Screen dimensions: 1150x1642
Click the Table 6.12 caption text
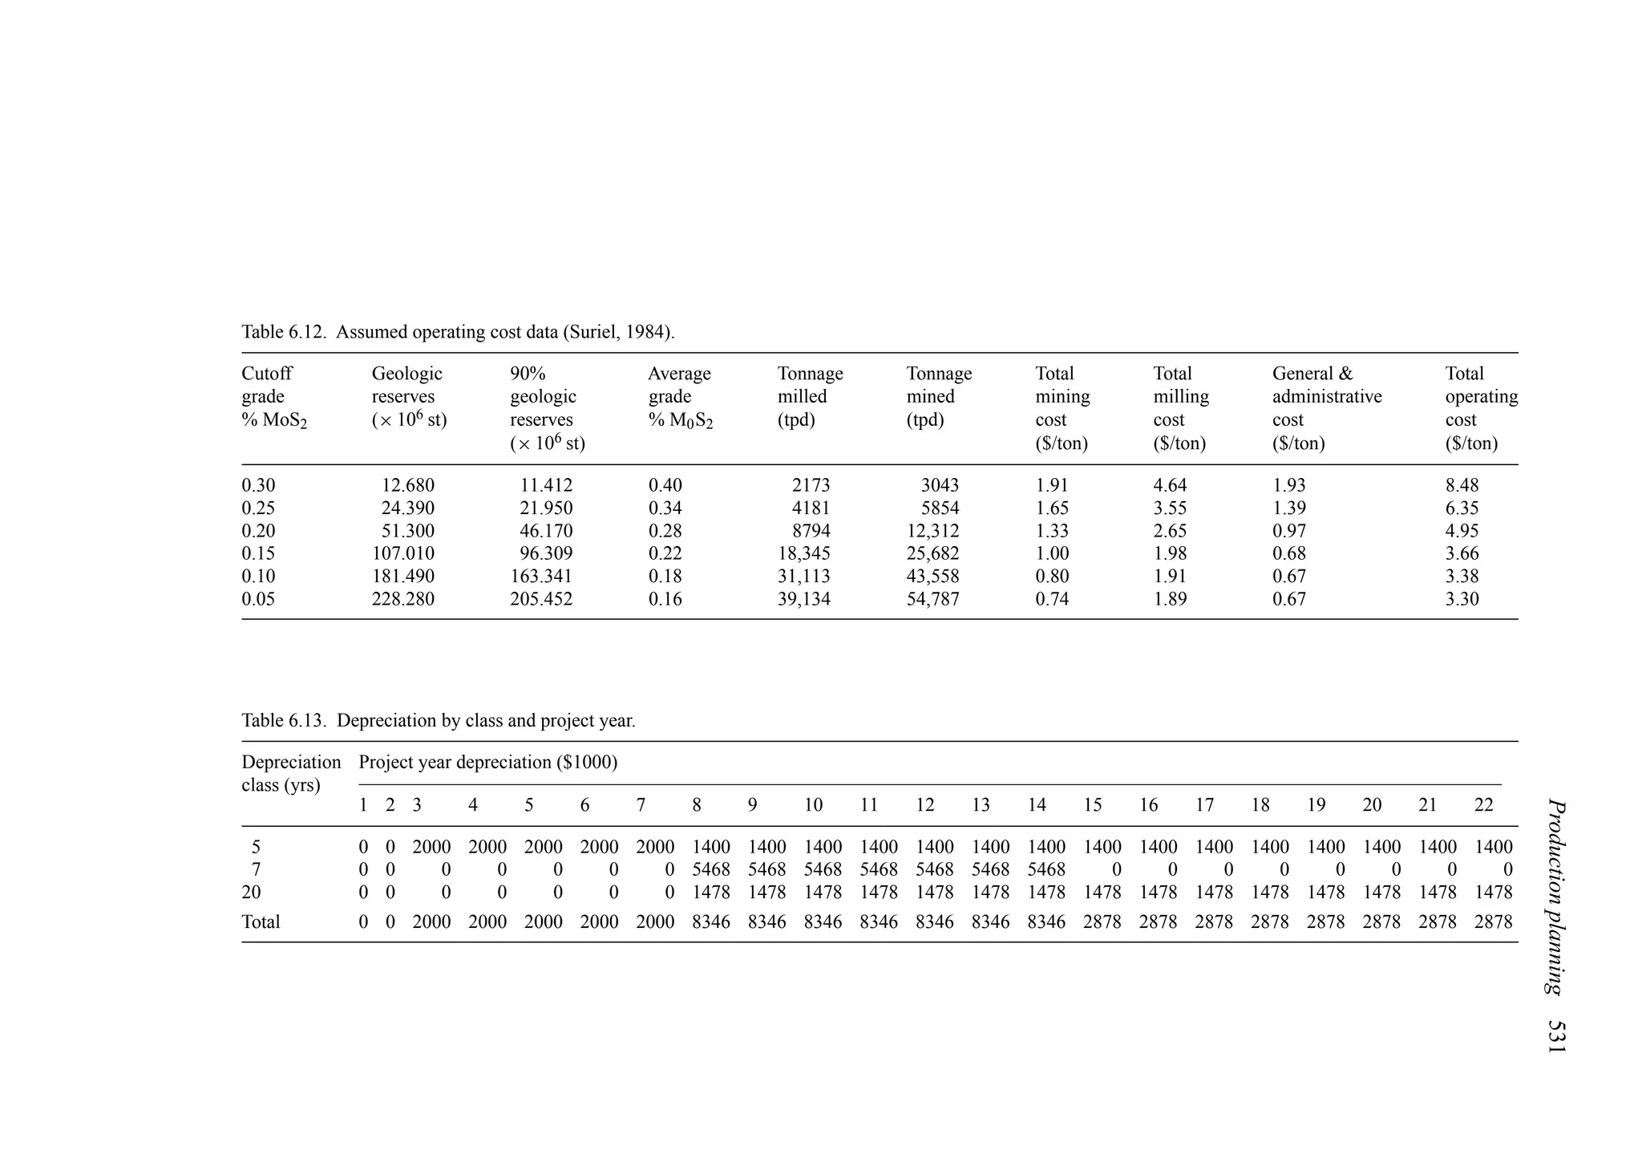[x=458, y=332]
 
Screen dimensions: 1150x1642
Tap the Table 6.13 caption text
[x=438, y=720]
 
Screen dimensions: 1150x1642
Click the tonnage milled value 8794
[x=811, y=531]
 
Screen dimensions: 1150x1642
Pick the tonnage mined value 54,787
[x=932, y=599]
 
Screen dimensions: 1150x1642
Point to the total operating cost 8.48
[x=1462, y=485]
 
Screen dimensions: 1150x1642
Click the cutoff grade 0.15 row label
[x=258, y=553]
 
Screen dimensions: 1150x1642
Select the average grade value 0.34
[x=665, y=508]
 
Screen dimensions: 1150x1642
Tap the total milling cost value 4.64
[x=1170, y=485]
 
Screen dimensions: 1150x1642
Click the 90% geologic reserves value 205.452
[x=541, y=599]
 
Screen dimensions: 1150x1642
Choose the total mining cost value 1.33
[x=1052, y=531]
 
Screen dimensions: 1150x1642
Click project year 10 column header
[x=813, y=805]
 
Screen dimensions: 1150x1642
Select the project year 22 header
[x=1483, y=805]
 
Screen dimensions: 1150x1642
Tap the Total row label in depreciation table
[x=261, y=922]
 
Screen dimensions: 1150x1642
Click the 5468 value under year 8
[x=711, y=869]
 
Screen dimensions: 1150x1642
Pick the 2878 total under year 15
[x=1102, y=922]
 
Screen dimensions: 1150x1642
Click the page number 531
[x=1556, y=1036]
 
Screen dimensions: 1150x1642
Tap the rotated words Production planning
[x=1556, y=897]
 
